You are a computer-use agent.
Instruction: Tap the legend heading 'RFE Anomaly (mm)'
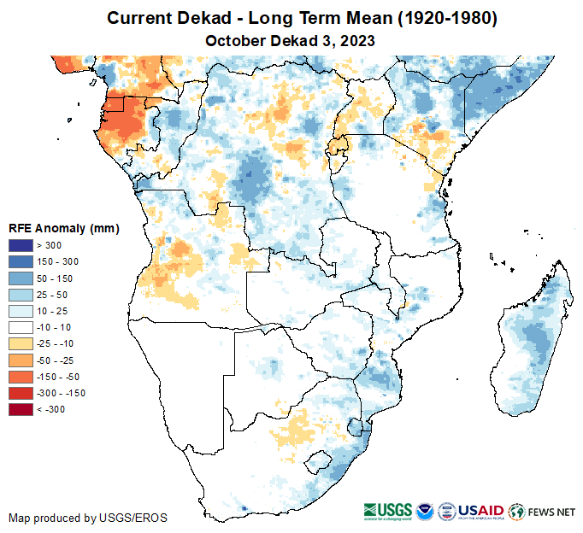(63, 228)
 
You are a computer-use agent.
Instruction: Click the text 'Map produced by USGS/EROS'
(88, 518)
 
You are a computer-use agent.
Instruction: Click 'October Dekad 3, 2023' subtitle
(291, 39)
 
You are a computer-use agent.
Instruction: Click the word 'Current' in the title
(140, 18)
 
